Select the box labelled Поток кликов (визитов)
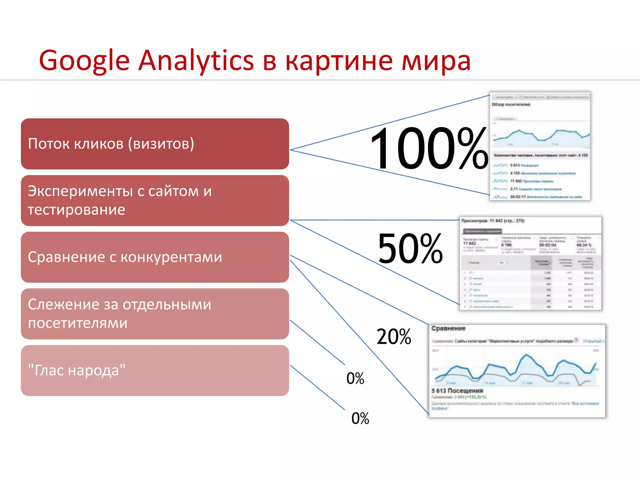[155, 144]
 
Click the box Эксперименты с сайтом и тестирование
[155, 200]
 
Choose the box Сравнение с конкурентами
[155, 257]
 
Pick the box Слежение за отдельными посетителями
[155, 314]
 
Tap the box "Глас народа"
[155, 370]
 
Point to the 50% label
[410, 248]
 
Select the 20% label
[394, 337]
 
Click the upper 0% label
[355, 378]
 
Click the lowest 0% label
[360, 418]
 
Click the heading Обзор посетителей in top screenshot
[511, 104]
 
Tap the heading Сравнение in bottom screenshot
[448, 328]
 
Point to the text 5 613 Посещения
[457, 391]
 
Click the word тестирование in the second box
[76, 210]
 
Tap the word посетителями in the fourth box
[77, 323]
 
